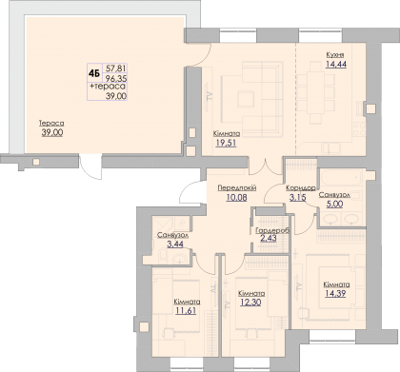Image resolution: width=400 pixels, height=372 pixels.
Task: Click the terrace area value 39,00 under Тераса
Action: click(52, 132)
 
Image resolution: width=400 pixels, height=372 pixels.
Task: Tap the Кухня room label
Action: click(335, 54)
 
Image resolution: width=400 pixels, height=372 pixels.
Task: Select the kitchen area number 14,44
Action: click(336, 64)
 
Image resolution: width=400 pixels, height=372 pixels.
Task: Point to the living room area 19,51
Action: click(226, 143)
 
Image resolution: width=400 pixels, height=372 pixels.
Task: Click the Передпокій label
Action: click(237, 187)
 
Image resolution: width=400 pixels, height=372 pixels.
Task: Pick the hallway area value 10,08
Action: click(236, 198)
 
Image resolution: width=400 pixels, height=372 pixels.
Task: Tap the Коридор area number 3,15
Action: click(297, 198)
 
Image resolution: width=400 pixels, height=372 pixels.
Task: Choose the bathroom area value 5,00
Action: click(334, 204)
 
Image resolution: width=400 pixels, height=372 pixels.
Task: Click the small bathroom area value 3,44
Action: click(175, 245)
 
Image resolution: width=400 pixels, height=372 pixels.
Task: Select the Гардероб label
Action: click(272, 230)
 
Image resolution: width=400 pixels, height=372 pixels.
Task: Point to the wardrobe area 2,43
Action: click(269, 238)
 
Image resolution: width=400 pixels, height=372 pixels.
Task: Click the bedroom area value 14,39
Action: click(335, 294)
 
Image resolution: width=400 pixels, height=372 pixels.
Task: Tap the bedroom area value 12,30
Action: click(250, 303)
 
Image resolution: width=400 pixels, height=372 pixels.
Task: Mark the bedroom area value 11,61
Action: click(186, 310)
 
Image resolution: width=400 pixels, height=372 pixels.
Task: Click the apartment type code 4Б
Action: click(94, 73)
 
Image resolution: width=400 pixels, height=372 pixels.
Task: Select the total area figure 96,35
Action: click(116, 78)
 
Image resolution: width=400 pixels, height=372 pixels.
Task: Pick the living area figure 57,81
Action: click(116, 69)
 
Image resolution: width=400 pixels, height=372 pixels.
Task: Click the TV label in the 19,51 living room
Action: click(209, 95)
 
